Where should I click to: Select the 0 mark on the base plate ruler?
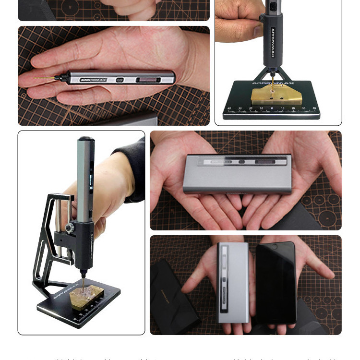(272, 108)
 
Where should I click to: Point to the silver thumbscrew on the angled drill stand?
(70, 227)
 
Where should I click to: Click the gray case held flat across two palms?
(238, 173)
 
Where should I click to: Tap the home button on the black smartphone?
(276, 246)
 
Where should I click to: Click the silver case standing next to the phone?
(233, 283)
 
